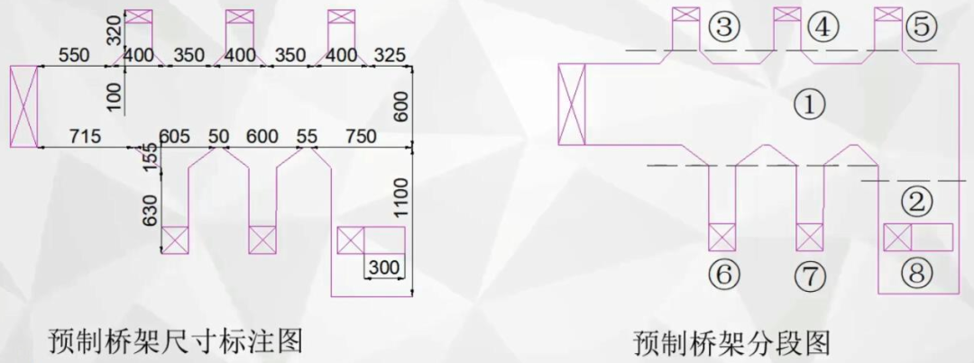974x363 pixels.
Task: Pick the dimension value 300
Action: (x=384, y=268)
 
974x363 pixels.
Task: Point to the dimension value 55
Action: (x=307, y=136)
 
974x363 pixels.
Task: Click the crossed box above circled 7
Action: (x=809, y=237)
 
